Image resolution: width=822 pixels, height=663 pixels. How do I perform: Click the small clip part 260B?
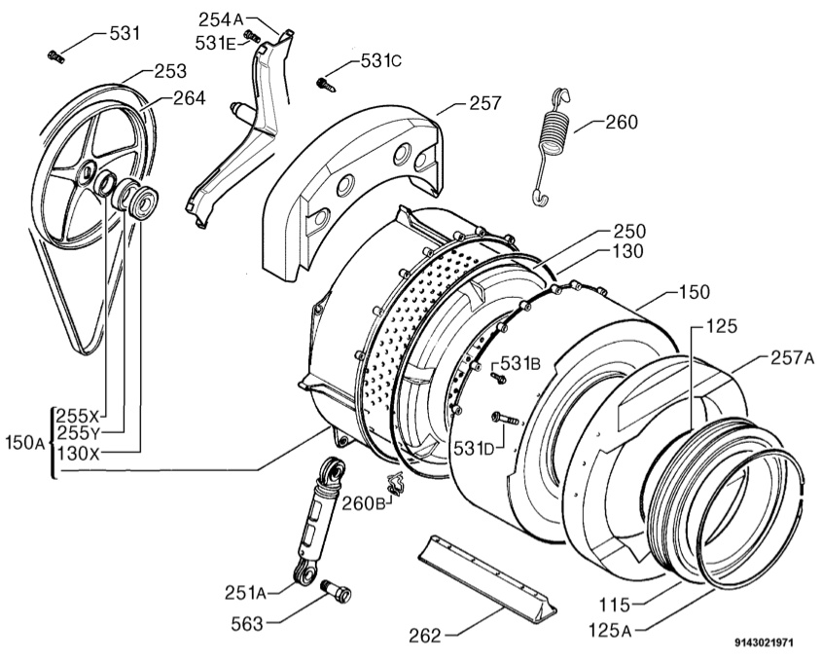click(396, 481)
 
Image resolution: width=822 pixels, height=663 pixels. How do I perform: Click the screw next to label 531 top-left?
click(55, 56)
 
